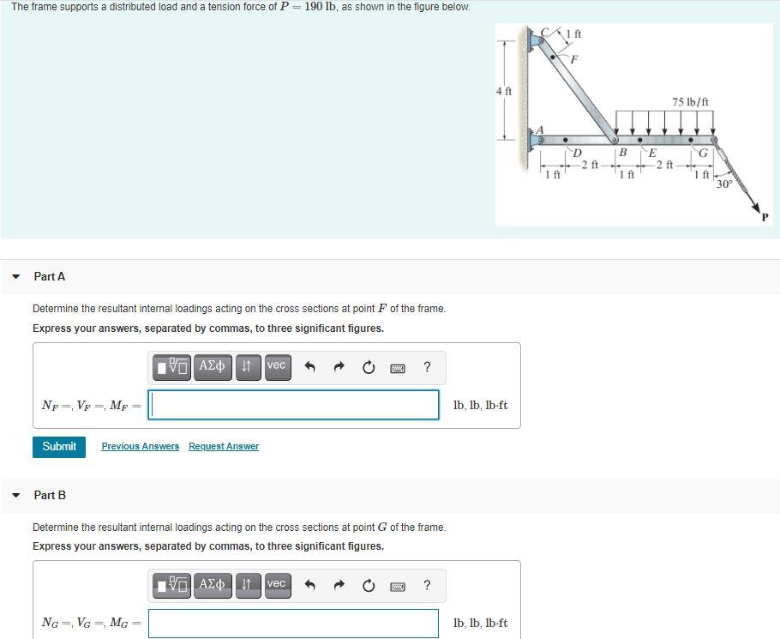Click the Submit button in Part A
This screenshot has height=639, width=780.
pyautogui.click(x=59, y=447)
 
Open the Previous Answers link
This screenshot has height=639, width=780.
pyautogui.click(x=141, y=447)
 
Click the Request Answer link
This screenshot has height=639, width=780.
pyautogui.click(x=224, y=447)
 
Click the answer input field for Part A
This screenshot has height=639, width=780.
pyautogui.click(x=294, y=405)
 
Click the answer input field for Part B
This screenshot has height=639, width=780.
pyautogui.click(x=294, y=624)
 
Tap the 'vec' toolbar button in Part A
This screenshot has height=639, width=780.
pyautogui.click(x=276, y=366)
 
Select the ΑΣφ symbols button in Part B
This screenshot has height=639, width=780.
pyautogui.click(x=212, y=585)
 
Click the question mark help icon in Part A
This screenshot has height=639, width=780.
pyautogui.click(x=427, y=367)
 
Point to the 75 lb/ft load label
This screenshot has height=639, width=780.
pyautogui.click(x=690, y=102)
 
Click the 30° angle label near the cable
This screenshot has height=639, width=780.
pyautogui.click(x=724, y=184)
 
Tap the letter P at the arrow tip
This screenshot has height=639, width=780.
pyautogui.click(x=765, y=217)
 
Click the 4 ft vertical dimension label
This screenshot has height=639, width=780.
pyautogui.click(x=504, y=91)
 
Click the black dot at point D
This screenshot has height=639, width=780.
pyautogui.click(x=565, y=139)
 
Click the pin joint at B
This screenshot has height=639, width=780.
pyautogui.click(x=614, y=140)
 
